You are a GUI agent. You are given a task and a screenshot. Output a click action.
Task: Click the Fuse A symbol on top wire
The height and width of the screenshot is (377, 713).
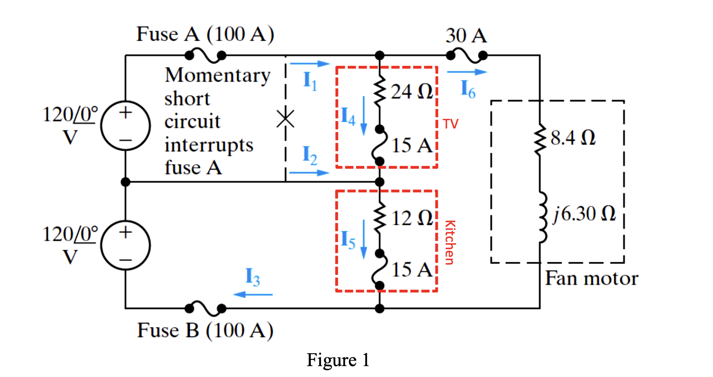[205, 55]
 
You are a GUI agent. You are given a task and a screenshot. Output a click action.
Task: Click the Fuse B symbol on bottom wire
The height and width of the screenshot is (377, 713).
[205, 309]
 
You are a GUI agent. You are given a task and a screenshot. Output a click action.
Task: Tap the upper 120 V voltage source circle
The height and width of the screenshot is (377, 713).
[125, 126]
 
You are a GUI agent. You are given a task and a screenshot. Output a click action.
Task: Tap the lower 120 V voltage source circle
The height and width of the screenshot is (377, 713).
[125, 245]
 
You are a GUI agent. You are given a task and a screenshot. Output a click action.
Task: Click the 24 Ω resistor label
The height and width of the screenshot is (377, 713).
[412, 91]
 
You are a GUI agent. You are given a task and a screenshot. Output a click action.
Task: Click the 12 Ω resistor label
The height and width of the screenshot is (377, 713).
[412, 218]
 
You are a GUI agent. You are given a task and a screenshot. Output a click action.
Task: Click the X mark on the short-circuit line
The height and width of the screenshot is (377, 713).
[285, 119]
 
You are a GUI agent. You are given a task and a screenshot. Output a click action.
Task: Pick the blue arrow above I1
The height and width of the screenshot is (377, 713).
[310, 64]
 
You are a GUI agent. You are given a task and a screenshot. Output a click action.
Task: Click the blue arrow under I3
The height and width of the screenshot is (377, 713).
[253, 294]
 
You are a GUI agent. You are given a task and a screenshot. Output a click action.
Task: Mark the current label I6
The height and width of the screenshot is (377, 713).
[468, 89]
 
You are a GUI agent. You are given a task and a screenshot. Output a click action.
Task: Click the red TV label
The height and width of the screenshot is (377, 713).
[451, 124]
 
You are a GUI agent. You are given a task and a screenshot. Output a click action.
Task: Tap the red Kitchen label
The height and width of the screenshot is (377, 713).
[449, 243]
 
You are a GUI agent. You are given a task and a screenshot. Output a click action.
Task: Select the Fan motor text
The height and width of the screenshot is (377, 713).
[592, 279]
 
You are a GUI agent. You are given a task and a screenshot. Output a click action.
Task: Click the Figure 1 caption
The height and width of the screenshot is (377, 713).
[338, 360]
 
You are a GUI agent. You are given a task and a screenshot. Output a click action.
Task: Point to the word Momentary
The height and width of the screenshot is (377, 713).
[217, 75]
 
